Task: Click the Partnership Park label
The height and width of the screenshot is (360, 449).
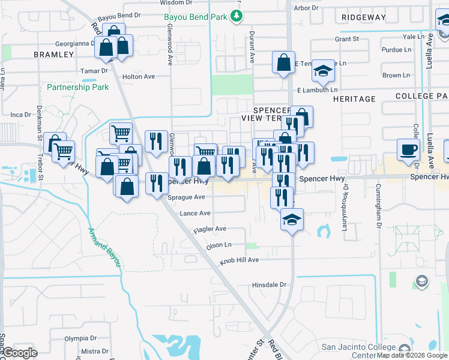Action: (x=78, y=87)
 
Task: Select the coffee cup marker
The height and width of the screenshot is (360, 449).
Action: (x=408, y=149)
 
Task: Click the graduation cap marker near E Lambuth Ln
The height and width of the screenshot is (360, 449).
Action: (x=322, y=71)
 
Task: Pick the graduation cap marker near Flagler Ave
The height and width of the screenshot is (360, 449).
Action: (x=292, y=220)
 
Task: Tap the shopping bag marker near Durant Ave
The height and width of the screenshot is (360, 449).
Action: (x=283, y=62)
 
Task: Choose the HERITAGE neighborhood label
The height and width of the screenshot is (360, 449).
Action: (x=354, y=98)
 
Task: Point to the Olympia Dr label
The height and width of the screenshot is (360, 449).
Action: (x=80, y=338)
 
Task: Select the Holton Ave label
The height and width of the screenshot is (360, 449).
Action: (x=138, y=77)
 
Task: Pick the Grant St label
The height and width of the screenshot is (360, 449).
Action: (x=346, y=39)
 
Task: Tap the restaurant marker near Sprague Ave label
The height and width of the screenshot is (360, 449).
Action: (x=157, y=184)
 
